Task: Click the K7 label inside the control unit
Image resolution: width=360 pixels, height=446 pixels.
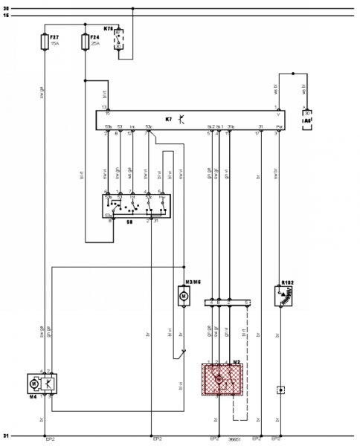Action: (168, 118)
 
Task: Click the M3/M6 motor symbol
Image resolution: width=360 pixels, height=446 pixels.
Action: (183, 296)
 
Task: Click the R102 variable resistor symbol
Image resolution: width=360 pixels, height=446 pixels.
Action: (282, 296)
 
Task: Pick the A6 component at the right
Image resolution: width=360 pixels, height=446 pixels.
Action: (306, 120)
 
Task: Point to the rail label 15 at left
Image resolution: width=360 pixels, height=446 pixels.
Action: (6, 16)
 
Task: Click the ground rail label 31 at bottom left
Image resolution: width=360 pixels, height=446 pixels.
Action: (6, 436)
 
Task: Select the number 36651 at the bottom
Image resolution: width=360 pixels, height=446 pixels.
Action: (237, 440)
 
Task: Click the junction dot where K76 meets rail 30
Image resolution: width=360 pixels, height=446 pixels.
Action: (132, 10)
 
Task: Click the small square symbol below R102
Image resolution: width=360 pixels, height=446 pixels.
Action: (280, 389)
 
